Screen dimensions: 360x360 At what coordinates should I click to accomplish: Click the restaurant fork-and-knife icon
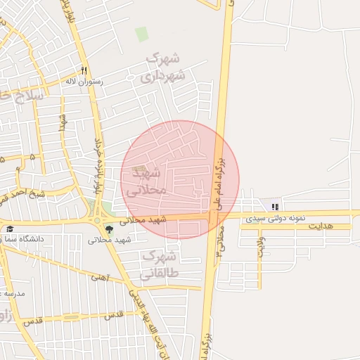84,70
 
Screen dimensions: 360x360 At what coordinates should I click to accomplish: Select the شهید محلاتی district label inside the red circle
146,181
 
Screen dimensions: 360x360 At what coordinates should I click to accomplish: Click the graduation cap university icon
10,229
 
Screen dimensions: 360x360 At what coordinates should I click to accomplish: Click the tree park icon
108,229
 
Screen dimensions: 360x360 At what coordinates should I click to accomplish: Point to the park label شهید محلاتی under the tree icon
110,240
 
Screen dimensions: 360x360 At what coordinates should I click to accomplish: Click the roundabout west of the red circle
96,220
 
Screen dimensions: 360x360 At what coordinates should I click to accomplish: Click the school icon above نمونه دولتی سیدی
275,207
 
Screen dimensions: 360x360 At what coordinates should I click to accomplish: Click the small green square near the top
142,34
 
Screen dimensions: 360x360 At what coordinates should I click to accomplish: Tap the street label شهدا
63,123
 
